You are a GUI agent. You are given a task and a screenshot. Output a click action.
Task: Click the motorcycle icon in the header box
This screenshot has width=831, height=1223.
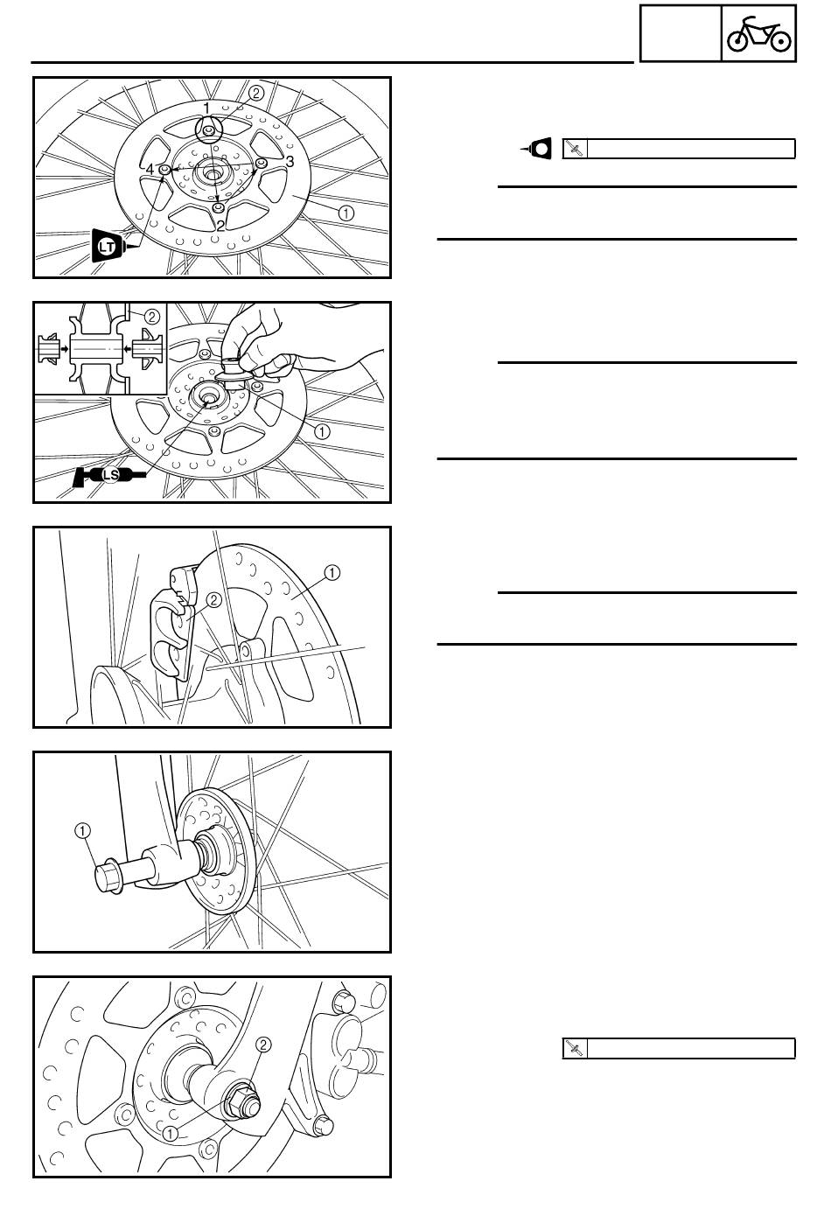click(758, 34)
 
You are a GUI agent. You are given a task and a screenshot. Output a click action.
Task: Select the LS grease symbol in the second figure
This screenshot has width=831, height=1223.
click(109, 476)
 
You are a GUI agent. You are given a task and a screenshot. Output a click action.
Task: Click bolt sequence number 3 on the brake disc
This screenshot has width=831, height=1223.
click(290, 161)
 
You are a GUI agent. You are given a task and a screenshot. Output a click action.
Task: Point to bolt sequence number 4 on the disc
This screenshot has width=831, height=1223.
click(150, 169)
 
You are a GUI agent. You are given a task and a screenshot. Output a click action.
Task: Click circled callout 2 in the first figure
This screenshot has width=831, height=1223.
click(256, 93)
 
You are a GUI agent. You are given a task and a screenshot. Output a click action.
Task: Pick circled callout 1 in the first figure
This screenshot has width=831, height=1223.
click(346, 213)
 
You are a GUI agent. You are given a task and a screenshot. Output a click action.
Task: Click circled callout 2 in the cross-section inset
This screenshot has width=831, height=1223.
click(151, 317)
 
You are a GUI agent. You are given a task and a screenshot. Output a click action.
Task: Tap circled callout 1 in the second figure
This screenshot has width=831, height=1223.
click(322, 431)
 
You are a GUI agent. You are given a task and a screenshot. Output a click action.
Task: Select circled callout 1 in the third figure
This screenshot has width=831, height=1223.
click(332, 573)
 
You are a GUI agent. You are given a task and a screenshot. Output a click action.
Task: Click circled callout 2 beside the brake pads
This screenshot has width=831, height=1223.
click(213, 600)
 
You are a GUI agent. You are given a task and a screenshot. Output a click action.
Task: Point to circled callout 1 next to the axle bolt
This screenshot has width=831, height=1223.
click(82, 831)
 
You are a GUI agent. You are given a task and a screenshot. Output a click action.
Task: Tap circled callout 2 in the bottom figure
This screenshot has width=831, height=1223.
click(263, 1045)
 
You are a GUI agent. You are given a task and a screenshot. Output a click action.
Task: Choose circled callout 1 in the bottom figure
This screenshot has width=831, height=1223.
click(171, 1134)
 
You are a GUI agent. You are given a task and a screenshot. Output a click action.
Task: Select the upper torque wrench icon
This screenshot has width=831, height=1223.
click(575, 149)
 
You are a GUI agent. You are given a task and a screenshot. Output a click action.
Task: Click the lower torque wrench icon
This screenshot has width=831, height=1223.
click(575, 1048)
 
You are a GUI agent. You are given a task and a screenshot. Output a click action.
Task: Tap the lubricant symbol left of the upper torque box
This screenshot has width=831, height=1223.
click(537, 148)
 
